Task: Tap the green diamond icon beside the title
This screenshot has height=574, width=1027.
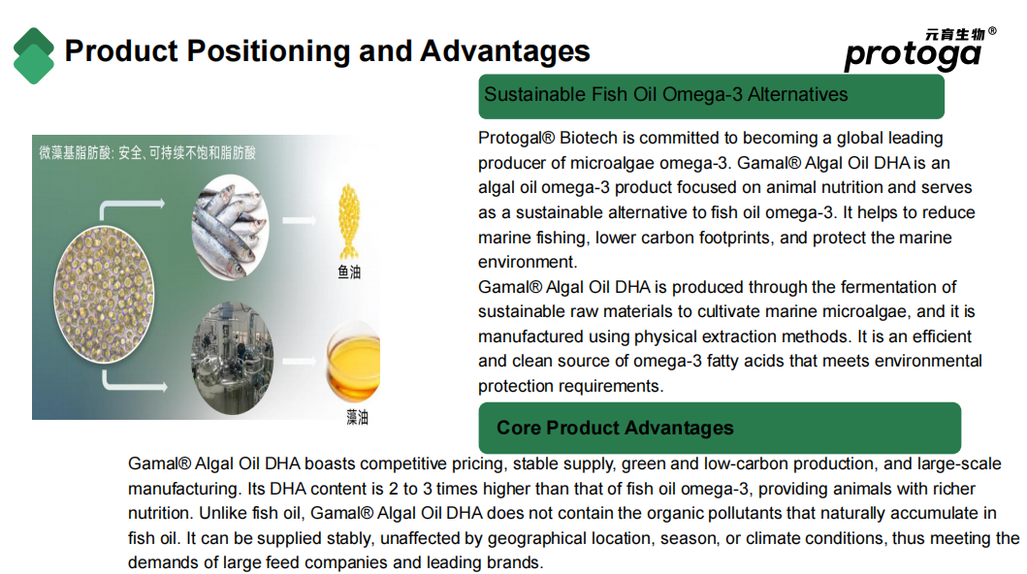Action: pos(33,55)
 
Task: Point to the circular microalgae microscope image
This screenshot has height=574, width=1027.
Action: pos(104,294)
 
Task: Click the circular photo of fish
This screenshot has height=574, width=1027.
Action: pos(230,227)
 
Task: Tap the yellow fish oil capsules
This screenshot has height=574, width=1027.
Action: pos(349,221)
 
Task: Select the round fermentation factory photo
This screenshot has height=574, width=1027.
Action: pos(232,358)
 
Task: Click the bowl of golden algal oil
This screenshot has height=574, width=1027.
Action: pos(353,361)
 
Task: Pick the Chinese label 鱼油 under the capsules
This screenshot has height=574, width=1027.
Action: pos(349,272)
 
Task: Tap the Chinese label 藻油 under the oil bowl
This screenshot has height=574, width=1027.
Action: pos(357,417)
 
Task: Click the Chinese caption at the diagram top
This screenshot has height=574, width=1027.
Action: pos(147,153)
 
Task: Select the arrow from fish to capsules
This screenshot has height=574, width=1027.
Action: pos(300,220)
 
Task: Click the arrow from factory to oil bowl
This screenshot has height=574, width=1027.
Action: pos(300,361)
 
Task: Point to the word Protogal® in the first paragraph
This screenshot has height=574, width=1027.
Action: pos(516,138)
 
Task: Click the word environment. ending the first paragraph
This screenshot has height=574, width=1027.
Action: pos(528,263)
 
